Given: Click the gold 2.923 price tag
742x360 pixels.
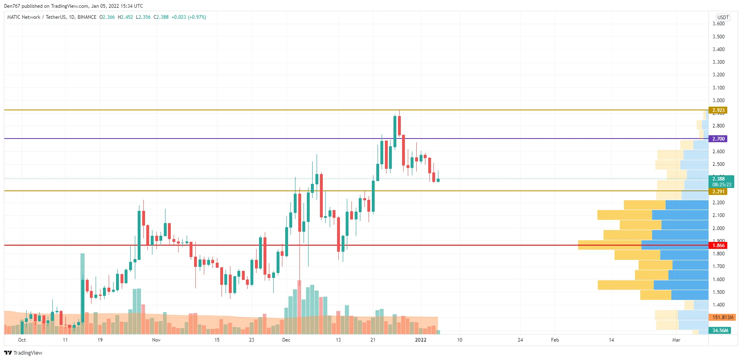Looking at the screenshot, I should [x=718, y=110].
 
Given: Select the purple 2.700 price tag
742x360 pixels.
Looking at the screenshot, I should [x=718, y=139].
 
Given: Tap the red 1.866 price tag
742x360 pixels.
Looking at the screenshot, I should [x=718, y=246].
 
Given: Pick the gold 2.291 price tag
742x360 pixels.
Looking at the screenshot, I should [x=718, y=192].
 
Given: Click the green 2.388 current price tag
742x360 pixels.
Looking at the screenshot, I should [x=721, y=181].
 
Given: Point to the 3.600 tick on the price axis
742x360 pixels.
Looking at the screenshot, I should [x=718, y=24].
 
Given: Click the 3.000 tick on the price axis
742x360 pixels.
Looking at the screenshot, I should [x=718, y=101].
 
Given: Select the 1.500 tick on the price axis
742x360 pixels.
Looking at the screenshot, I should [x=718, y=292].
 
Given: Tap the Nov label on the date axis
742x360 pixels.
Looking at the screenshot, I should [x=156, y=340].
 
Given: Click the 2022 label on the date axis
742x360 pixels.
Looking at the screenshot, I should [x=420, y=340].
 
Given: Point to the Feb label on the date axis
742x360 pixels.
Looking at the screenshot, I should [x=555, y=340].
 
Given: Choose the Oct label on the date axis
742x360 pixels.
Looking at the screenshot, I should [x=22, y=340].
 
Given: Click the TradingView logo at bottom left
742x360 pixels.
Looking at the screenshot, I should [x=23, y=353].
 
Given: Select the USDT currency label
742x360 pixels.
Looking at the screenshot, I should [x=723, y=17].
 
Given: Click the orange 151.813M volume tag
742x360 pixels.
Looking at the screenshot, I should [x=722, y=318].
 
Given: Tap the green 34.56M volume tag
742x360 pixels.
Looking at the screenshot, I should [x=720, y=331].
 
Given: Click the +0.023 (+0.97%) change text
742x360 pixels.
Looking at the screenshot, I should [x=189, y=17].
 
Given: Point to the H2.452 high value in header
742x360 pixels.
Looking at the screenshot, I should [x=125, y=17].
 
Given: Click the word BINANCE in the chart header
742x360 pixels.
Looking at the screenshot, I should [x=87, y=17].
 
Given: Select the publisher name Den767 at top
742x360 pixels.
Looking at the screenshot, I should [x=12, y=6].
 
